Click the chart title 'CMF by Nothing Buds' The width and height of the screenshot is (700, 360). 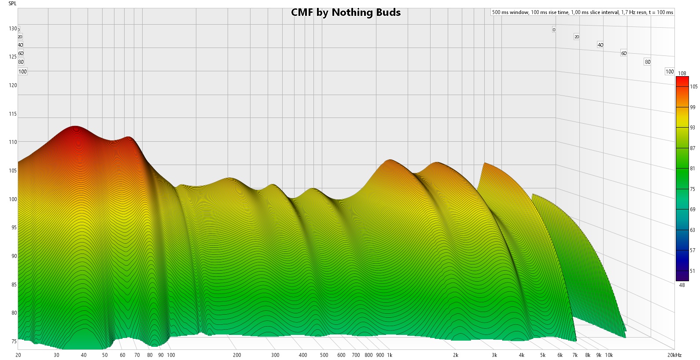tap(346, 12)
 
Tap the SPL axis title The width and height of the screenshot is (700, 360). tap(12, 4)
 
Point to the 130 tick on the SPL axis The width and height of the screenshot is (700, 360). tap(13, 29)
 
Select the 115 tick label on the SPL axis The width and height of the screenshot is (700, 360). tap(13, 114)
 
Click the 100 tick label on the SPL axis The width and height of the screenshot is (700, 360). tap(13, 199)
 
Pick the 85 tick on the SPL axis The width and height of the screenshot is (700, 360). tap(13, 285)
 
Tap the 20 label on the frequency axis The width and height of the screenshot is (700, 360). tap(18, 355)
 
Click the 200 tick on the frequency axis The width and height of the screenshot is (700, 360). tap(237, 355)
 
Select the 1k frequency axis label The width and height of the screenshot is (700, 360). tap(390, 355)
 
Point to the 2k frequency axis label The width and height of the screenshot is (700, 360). tap(456, 355)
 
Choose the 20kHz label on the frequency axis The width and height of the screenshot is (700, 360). tap(674, 355)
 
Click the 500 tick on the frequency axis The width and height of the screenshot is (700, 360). tap(324, 355)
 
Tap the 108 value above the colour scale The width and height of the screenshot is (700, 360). tap(682, 73)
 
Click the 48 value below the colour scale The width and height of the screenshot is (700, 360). tap(682, 285)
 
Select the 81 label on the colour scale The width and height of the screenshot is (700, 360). tap(693, 169)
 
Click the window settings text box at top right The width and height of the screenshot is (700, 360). tap(582, 12)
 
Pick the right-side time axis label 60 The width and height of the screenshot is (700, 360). tap(624, 53)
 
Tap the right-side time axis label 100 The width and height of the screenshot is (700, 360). tap(670, 71)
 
